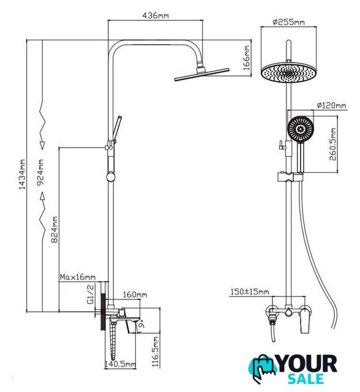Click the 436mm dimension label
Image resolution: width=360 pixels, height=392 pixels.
pyautogui.click(x=156, y=15)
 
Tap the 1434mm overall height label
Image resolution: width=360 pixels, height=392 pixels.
pyautogui.click(x=22, y=174)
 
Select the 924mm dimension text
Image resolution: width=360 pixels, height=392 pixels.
pyautogui.click(x=40, y=172)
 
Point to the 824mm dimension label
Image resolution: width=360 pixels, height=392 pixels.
pyautogui.click(x=54, y=230)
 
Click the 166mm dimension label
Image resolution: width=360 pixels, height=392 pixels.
pyautogui.click(x=246, y=58)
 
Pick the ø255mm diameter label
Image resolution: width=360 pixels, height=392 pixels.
pyautogui.click(x=288, y=22)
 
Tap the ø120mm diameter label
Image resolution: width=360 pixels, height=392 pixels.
pyautogui.click(x=331, y=105)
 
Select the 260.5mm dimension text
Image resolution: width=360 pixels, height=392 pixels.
pyautogui.click(x=333, y=145)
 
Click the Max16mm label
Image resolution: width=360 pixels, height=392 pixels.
pyautogui.click(x=78, y=277)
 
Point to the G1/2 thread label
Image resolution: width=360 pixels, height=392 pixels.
pyautogui.click(x=91, y=294)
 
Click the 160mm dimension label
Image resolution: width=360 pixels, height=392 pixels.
pyautogui.click(x=135, y=295)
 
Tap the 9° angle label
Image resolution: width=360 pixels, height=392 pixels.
pyautogui.click(x=141, y=324)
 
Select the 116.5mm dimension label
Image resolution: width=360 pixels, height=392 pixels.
pyautogui.click(x=156, y=351)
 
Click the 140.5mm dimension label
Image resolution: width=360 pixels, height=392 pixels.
pyautogui.click(x=120, y=364)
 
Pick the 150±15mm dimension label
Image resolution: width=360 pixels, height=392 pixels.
pyautogui.click(x=250, y=292)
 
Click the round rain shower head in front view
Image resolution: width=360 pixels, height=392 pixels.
pyautogui.click(x=288, y=72)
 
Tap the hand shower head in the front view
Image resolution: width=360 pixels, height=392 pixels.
pyautogui.click(x=300, y=129)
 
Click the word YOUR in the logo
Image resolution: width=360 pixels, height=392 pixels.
pyautogui.click(x=307, y=364)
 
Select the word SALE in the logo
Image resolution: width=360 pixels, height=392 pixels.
pyautogui.click(x=306, y=379)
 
